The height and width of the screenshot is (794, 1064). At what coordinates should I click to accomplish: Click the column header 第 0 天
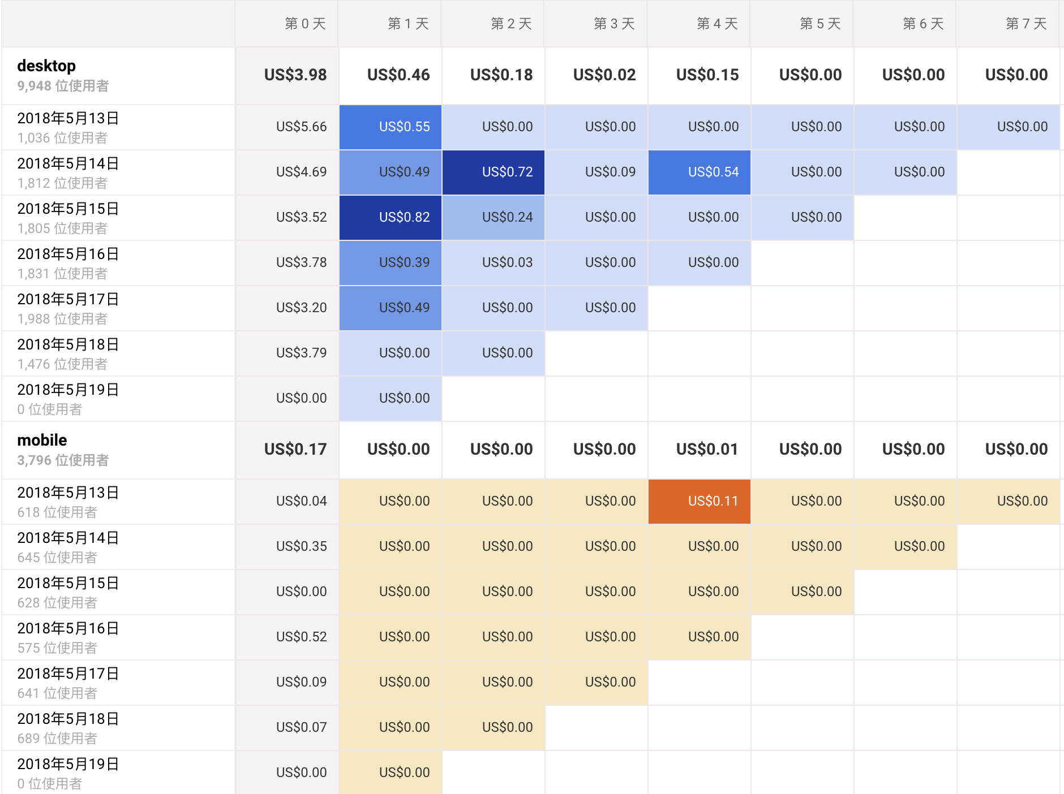click(x=305, y=24)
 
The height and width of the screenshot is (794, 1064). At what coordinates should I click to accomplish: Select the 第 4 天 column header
click(x=717, y=24)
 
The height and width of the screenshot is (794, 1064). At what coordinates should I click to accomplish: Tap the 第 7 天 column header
click(x=1026, y=24)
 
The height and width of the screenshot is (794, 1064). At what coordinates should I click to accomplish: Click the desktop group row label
click(x=46, y=66)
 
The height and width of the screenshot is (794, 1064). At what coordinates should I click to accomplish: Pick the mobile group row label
click(x=42, y=441)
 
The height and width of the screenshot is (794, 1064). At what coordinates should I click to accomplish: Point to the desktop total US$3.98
click(x=295, y=75)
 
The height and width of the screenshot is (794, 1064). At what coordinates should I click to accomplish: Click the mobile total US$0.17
click(x=295, y=449)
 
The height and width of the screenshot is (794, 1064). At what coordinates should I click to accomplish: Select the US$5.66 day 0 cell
click(x=301, y=127)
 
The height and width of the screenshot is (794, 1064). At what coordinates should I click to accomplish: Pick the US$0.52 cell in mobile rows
click(x=301, y=637)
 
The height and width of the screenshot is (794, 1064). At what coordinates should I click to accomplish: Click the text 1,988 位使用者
click(x=62, y=319)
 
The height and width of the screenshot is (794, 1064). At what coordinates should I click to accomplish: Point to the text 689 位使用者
click(x=57, y=739)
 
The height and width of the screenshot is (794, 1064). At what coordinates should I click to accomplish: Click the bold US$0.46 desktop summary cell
click(x=398, y=75)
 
